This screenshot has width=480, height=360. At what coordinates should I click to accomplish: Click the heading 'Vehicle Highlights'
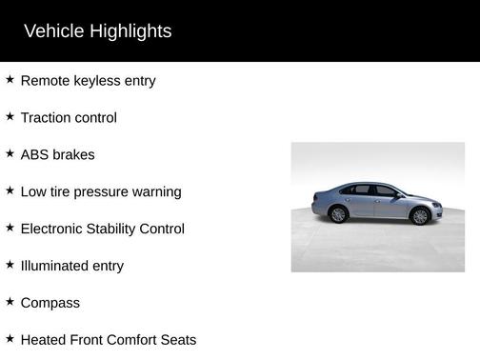pyautogui.click(x=97, y=31)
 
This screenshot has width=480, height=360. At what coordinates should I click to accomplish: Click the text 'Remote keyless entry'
pyautogui.click(x=88, y=81)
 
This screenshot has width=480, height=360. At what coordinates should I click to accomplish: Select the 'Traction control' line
pyautogui.click(x=69, y=118)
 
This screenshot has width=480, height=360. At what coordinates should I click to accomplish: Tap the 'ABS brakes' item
pyautogui.click(x=57, y=155)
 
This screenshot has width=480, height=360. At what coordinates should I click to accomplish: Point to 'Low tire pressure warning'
pyautogui.click(x=100, y=192)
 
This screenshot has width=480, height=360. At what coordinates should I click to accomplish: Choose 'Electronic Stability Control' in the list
pyautogui.click(x=102, y=230)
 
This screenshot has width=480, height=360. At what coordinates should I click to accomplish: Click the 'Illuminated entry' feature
pyautogui.click(x=71, y=267)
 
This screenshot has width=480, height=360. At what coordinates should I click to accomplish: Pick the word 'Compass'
pyautogui.click(x=50, y=304)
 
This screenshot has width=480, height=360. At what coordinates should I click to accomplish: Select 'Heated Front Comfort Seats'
pyautogui.click(x=108, y=340)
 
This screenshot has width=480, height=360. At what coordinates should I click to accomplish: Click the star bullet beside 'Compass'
pyautogui.click(x=10, y=302)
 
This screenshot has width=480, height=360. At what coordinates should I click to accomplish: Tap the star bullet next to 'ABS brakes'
pyautogui.click(x=10, y=153)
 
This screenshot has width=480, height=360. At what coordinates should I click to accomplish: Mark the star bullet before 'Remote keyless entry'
pyautogui.click(x=10, y=79)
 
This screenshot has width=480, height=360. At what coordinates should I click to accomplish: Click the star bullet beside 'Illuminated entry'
pyautogui.click(x=10, y=265)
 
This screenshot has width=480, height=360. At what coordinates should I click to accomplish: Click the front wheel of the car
pyautogui.click(x=419, y=217)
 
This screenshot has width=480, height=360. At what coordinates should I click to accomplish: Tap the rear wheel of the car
pyautogui.click(x=338, y=215)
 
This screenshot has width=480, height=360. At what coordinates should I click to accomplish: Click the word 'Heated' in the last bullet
pyautogui.click(x=44, y=340)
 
